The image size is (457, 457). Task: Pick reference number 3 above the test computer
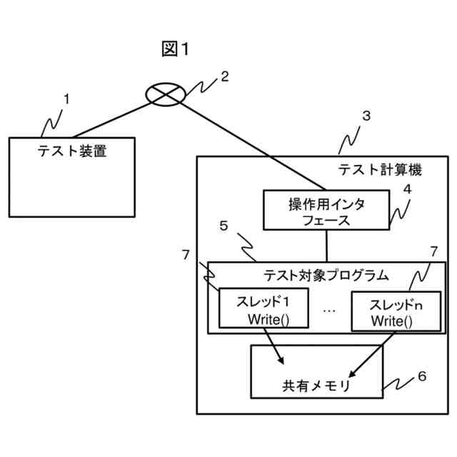(366, 116)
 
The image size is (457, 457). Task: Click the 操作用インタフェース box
(326, 211)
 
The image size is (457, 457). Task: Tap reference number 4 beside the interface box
(407, 190)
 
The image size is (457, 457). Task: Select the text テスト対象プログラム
(326, 274)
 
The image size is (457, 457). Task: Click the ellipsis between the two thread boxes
(329, 310)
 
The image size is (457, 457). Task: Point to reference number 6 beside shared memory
(422, 377)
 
